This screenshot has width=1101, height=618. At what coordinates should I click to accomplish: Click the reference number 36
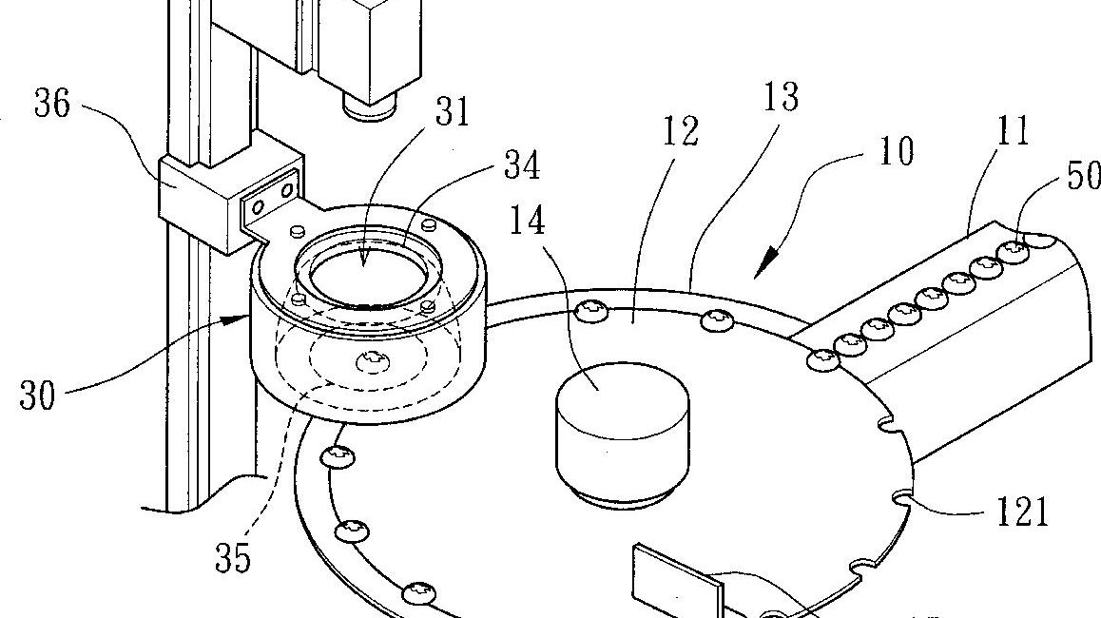(51, 106)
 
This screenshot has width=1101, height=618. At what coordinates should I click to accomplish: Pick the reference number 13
(779, 97)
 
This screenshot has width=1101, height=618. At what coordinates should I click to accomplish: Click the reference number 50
(1083, 177)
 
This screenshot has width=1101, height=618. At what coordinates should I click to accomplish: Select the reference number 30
(38, 395)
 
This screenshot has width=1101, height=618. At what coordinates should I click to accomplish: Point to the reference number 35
(232, 559)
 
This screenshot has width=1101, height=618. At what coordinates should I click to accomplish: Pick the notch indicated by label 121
(902, 494)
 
